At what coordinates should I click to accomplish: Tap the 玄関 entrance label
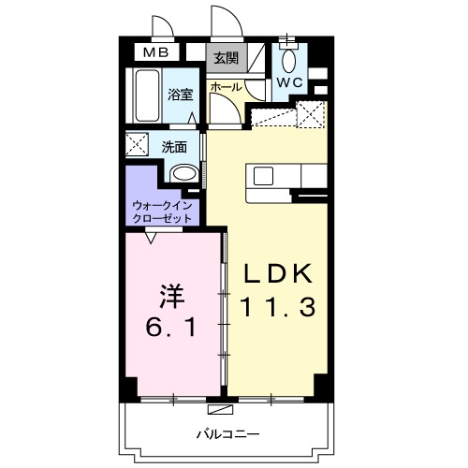point(225,59)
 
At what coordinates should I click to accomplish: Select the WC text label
point(289,82)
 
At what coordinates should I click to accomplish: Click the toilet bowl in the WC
point(289,60)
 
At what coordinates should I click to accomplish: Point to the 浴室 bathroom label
point(180,94)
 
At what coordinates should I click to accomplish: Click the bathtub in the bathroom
point(145,95)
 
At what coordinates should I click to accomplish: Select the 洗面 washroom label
point(175,146)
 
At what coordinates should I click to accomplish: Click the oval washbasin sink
point(185,172)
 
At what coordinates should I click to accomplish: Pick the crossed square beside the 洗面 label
point(139,146)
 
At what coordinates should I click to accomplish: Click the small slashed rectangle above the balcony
point(222,410)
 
